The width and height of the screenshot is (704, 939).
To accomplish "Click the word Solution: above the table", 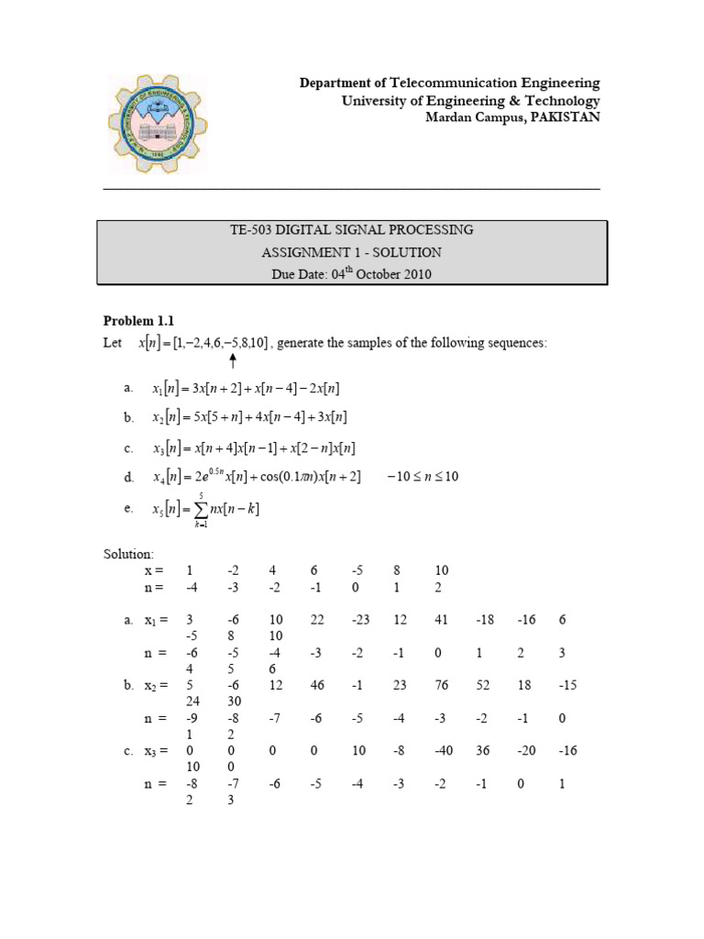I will pyautogui.click(x=128, y=555).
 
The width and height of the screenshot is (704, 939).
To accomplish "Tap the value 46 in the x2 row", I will pyautogui.click(x=317, y=685).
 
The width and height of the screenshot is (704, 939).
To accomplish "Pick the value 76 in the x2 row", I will pyautogui.click(x=441, y=685).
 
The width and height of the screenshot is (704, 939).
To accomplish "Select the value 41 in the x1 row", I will pyautogui.click(x=441, y=620).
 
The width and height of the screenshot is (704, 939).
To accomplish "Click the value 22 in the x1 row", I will pyautogui.click(x=317, y=620).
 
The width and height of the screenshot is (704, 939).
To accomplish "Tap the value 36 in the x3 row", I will pyautogui.click(x=482, y=751).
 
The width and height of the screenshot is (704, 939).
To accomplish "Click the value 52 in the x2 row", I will pyautogui.click(x=482, y=685).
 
